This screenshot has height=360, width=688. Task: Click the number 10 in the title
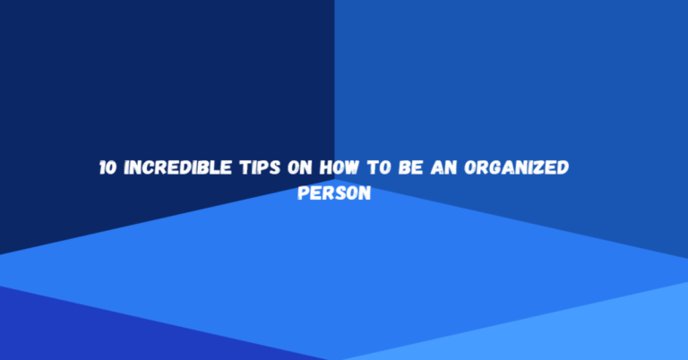[x=107, y=168]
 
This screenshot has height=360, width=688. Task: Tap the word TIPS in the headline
[x=245, y=168]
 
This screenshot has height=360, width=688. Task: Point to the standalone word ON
[x=288, y=168]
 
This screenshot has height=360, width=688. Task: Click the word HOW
[x=325, y=168]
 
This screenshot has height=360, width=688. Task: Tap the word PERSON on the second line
[x=332, y=192]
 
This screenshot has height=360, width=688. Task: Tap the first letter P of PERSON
[x=302, y=192]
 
